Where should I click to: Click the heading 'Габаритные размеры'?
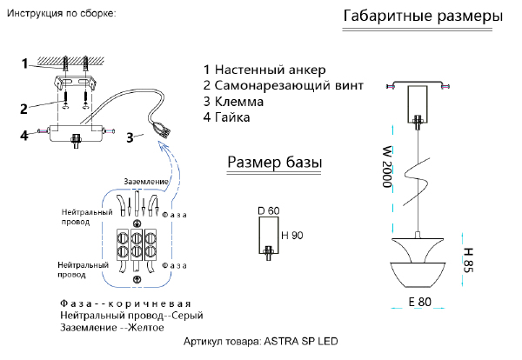423,17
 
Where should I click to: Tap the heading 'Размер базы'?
275,162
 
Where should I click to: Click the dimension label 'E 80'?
419,303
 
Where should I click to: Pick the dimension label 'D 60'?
268,211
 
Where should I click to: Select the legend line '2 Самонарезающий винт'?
283,85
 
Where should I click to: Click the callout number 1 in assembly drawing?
26,63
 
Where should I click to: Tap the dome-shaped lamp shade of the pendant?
419,264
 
